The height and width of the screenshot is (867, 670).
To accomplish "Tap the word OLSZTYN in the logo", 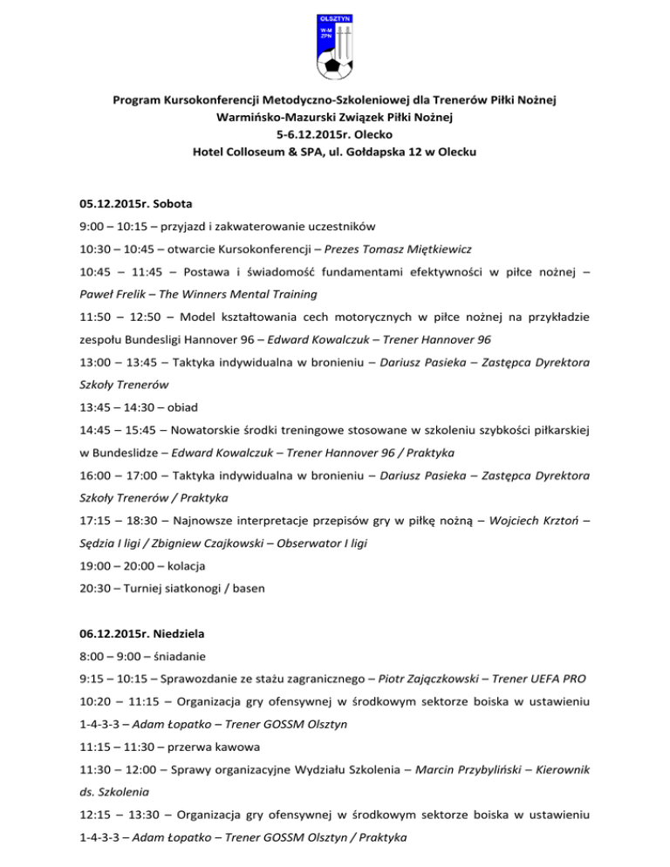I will point(334,17).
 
